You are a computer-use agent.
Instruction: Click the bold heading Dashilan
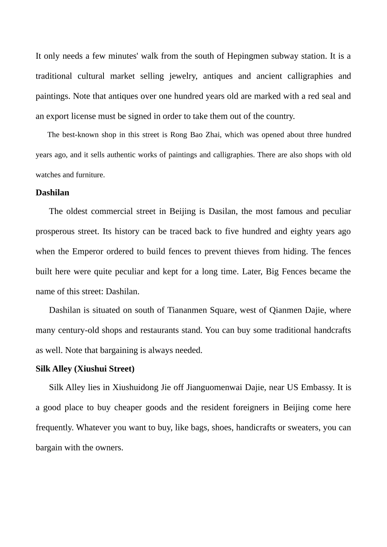pos(52,192)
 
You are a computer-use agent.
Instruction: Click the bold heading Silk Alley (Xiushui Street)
pos(85,369)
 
